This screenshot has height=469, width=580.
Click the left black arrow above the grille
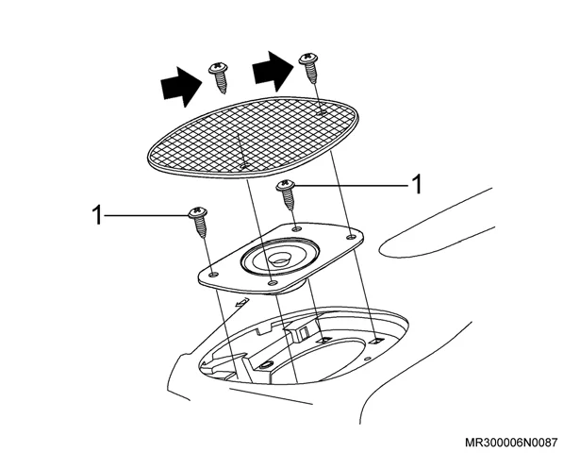[182, 87]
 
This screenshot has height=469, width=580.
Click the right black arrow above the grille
[273, 71]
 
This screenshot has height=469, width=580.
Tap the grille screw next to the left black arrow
[219, 77]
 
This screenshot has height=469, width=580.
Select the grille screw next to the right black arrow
[309, 68]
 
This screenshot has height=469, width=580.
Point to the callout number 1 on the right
[417, 184]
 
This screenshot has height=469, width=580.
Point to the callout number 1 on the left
[97, 215]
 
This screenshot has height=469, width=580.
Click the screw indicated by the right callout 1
[286, 194]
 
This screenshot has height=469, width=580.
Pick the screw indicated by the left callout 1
[198, 222]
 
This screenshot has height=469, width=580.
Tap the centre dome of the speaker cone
[278, 258]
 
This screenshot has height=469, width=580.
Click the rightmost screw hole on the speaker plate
[350, 236]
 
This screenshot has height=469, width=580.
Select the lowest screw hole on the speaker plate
[273, 283]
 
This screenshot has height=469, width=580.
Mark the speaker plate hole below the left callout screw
[213, 275]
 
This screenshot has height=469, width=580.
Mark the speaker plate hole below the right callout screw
[296, 229]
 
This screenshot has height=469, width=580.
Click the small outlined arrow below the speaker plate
[241, 302]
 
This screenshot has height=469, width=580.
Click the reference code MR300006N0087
[511, 443]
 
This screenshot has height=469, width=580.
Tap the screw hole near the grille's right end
[323, 111]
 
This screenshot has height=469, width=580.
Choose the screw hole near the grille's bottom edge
[243, 166]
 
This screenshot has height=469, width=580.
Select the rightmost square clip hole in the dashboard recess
[377, 341]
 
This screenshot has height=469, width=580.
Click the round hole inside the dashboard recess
[266, 365]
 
